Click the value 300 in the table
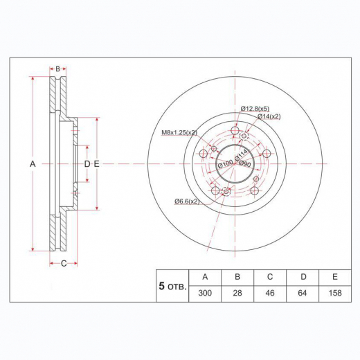205,293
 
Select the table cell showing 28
237,293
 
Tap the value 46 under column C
270,293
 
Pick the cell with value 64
303,293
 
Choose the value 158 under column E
335,293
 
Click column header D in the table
303,276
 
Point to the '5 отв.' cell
172,286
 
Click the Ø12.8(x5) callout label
255,108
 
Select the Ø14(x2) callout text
269,116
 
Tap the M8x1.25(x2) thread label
179,133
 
